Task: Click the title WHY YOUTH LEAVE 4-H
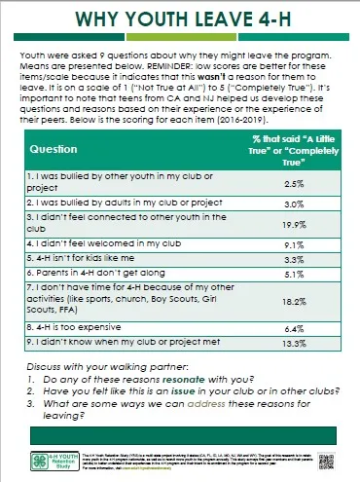pos(180,20)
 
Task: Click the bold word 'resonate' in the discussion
pos(198,377)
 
